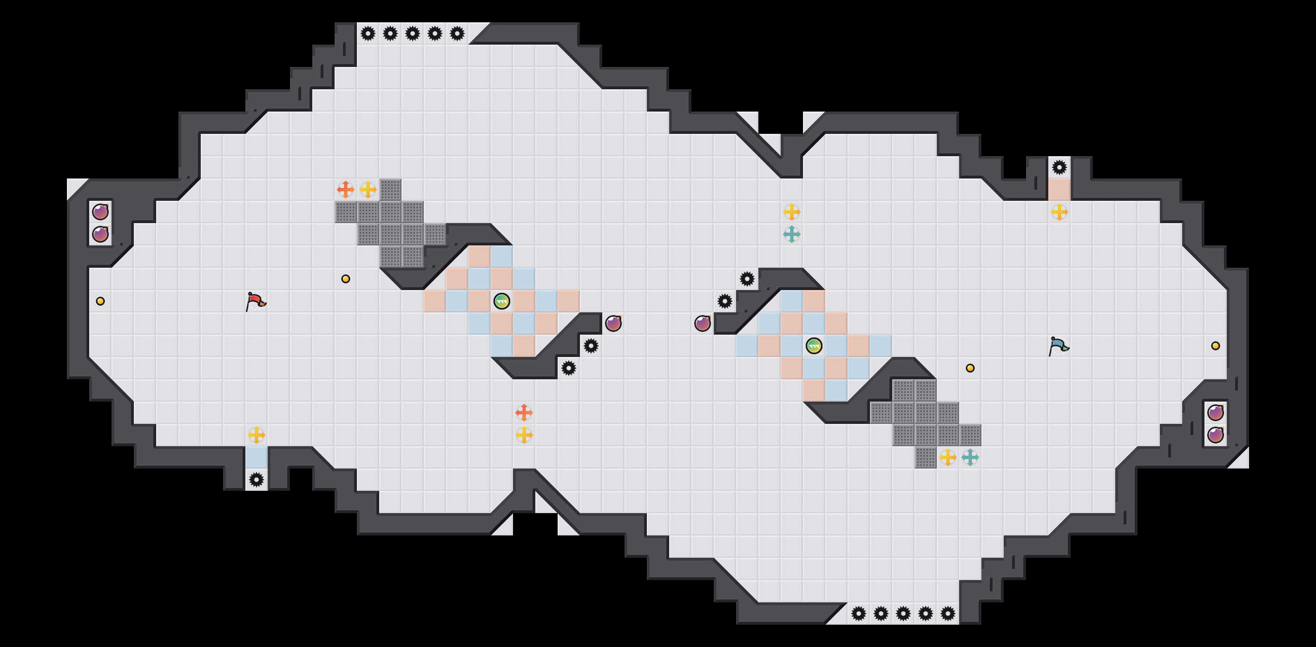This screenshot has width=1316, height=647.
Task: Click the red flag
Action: [256, 302]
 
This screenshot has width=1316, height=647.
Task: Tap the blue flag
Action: [1058, 346]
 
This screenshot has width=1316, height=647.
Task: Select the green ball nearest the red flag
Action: [502, 301]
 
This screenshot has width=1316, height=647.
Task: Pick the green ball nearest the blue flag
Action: [814, 346]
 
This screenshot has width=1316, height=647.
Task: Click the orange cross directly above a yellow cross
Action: [524, 413]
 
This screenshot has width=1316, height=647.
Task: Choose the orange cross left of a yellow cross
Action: [346, 190]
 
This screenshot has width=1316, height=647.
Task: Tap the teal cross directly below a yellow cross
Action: [792, 234]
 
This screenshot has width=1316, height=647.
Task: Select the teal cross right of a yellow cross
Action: [970, 457]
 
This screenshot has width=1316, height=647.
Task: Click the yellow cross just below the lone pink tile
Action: [1059, 212]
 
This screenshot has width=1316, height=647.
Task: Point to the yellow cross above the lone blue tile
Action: [257, 435]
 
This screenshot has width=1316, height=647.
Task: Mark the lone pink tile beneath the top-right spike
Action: [1059, 190]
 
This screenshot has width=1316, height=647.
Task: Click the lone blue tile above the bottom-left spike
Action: [257, 457]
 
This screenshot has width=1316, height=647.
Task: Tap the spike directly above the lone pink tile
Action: [1059, 167]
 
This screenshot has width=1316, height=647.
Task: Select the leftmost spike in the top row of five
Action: [368, 33]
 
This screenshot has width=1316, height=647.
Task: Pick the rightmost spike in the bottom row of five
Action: [948, 614]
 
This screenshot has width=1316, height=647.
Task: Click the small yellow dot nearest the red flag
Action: [346, 279]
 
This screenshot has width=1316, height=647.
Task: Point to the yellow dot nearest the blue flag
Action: [970, 368]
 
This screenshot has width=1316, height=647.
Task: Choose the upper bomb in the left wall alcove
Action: [100, 212]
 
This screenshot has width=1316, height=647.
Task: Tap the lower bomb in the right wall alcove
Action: [1216, 435]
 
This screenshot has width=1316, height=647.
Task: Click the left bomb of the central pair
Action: [613, 323]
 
